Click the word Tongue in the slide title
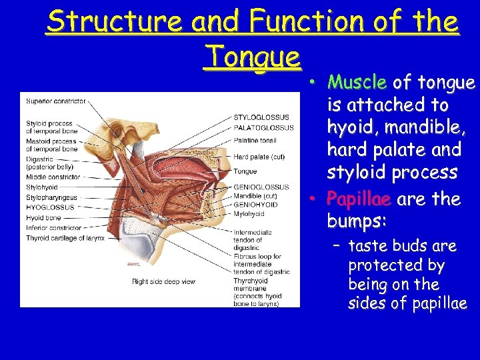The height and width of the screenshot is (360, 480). [x=253, y=55]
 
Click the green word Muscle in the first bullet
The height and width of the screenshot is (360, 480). [x=357, y=83]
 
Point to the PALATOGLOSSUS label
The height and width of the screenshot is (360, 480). [x=263, y=127]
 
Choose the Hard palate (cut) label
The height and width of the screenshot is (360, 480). [x=259, y=157]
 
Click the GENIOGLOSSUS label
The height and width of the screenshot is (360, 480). [x=261, y=187]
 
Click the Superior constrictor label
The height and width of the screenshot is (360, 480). [x=56, y=101]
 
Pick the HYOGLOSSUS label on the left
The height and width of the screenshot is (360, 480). [x=49, y=207]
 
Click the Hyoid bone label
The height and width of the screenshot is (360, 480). [x=44, y=217]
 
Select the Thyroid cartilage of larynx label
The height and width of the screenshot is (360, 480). [x=65, y=238]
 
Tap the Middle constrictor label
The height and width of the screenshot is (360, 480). [x=53, y=177]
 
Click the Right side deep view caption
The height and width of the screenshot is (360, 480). [x=163, y=282]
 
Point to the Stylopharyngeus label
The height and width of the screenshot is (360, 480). [x=52, y=197]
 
